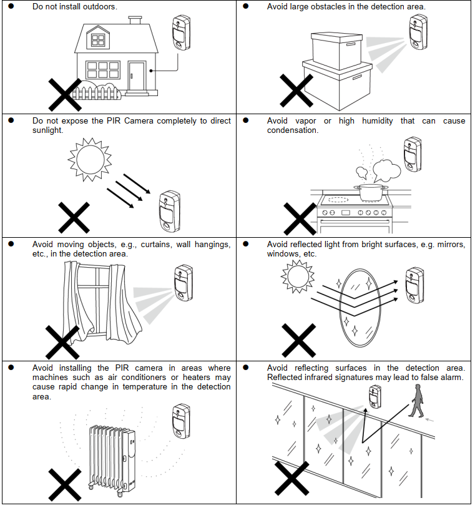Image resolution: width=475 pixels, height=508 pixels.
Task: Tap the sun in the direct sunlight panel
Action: click(89, 157)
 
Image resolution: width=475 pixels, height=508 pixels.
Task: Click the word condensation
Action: click(293, 130)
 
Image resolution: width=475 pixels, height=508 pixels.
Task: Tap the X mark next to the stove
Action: click(300, 218)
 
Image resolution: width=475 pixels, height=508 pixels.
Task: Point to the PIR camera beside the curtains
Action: click(183, 284)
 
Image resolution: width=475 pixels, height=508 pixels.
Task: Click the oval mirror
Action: click(361, 306)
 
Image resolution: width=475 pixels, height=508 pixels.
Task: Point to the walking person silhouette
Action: click(416, 403)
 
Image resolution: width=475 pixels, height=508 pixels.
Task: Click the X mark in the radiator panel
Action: click(65, 485)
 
